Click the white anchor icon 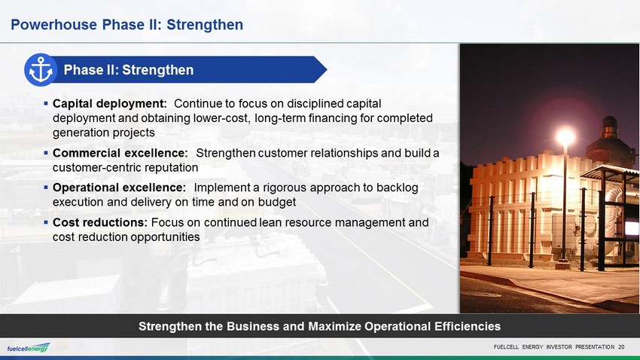[41, 70]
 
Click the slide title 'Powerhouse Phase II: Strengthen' [127, 25]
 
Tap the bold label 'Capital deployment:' [110, 104]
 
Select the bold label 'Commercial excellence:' [120, 153]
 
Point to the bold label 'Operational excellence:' [119, 188]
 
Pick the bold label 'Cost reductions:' [100, 222]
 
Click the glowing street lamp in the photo [565, 136]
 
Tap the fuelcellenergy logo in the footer [28, 348]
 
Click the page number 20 [621, 347]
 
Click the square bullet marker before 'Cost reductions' [46, 222]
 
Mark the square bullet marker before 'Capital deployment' [46, 104]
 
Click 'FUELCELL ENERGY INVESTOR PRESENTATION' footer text [554, 347]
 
